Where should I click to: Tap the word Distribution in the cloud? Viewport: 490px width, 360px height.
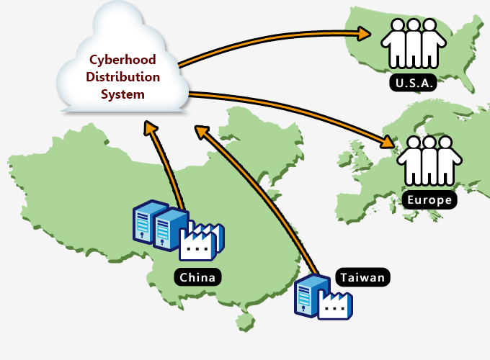point(123,77)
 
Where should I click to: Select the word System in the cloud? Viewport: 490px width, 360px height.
point(123,94)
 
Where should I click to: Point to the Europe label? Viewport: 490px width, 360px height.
point(429,199)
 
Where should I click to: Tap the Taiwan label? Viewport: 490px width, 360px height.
point(362,276)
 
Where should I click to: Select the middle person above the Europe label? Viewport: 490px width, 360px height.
point(430,160)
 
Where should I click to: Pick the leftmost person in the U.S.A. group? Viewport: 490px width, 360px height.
point(394,45)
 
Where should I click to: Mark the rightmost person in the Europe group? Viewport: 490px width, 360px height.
point(447,162)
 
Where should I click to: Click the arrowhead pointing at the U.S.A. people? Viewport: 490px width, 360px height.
point(364,33)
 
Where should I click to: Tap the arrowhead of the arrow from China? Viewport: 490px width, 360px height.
point(150,128)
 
